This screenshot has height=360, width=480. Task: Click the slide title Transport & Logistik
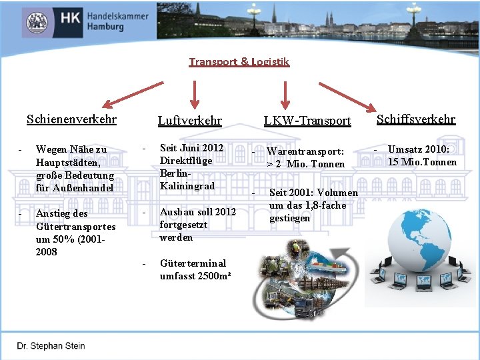(239, 62)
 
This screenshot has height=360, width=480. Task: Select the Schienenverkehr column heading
(71, 119)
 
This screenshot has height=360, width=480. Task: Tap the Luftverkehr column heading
(189, 121)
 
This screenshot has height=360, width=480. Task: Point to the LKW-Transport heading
(307, 121)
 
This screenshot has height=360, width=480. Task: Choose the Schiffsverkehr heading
(415, 119)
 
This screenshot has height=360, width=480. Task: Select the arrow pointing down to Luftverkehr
(195, 92)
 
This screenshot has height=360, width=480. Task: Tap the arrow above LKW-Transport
(286, 93)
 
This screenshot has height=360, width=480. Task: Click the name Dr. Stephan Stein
(51, 346)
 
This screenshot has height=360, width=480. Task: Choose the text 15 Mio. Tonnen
(422, 162)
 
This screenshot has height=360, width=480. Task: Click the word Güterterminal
(193, 263)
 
